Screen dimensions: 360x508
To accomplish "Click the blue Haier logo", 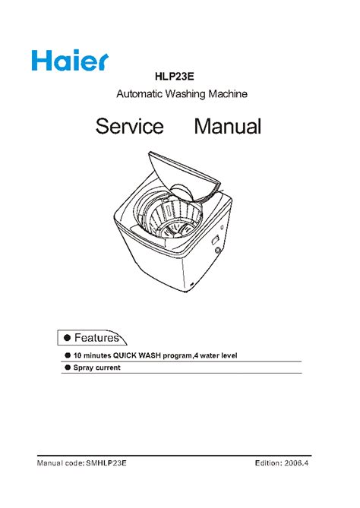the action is [70, 60].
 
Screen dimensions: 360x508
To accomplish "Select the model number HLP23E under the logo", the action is [175, 77].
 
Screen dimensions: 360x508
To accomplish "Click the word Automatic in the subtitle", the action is [140, 94].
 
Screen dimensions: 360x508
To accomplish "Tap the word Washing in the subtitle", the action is [185, 94].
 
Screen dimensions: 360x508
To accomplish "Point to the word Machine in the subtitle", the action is [228, 94].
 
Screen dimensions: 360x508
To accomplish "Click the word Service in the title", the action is [130, 126].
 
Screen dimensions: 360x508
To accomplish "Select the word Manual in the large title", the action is [228, 126].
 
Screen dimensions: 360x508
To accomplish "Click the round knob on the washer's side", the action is [218, 250].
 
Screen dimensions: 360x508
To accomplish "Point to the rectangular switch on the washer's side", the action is [215, 241].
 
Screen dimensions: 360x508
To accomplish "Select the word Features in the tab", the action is [96, 338].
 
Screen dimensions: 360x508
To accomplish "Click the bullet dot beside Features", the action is [68, 338].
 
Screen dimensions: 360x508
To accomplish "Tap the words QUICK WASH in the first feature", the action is [137, 355].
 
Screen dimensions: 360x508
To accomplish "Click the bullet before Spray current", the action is [68, 368].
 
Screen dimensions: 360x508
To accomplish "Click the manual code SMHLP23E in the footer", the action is [106, 463].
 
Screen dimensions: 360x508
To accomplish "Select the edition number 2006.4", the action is [296, 463].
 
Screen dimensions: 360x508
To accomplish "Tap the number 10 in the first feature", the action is [77, 355].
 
